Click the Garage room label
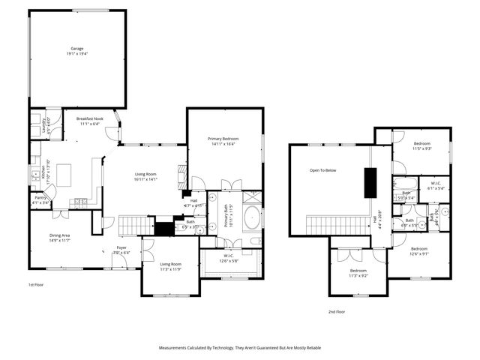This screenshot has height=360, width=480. pyautogui.click(x=76, y=51)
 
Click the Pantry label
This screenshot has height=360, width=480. pyautogui.click(x=40, y=201)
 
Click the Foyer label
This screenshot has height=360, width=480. pyautogui.click(x=121, y=250)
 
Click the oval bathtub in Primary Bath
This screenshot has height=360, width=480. pyautogui.click(x=251, y=220)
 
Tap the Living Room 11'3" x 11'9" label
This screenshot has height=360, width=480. pyautogui.click(x=171, y=266)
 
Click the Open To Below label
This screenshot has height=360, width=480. pyautogui.click(x=323, y=170)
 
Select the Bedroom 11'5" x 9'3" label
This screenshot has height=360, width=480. pyautogui.click(x=421, y=145)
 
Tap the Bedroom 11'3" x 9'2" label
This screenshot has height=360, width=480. pyautogui.click(x=358, y=273)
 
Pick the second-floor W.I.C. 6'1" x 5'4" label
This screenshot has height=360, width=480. pyautogui.click(x=435, y=185)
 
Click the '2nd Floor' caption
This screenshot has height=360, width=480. pyautogui.click(x=337, y=311)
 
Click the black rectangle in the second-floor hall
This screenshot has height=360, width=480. pyautogui.click(x=370, y=183)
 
